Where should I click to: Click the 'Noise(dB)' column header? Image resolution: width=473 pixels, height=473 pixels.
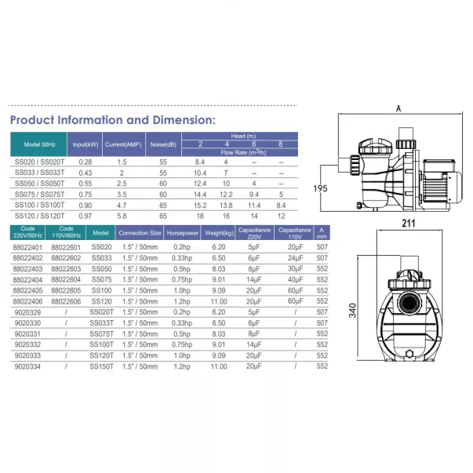coord(162,145)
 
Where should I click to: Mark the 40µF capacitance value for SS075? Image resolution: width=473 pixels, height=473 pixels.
coord(294,278)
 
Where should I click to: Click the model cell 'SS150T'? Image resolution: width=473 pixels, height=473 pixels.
coord(102,365)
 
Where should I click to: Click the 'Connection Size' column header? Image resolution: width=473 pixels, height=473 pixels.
coord(140,233)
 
